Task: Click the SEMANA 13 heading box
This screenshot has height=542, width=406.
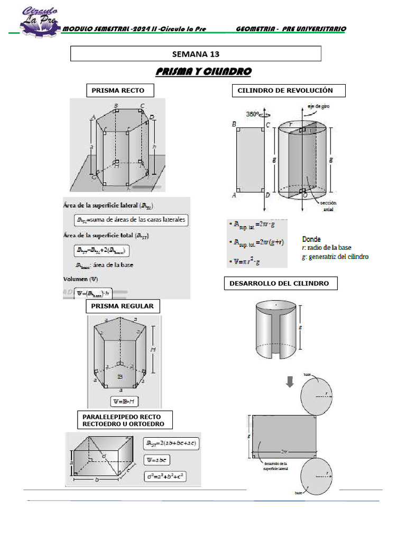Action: coord(196,54)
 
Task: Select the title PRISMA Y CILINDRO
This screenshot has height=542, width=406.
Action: coord(204,71)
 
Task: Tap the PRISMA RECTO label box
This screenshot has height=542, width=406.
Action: coord(114,91)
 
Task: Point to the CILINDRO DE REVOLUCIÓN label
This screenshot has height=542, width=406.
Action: coord(289,91)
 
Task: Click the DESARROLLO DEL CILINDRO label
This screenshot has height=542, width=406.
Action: coord(279,283)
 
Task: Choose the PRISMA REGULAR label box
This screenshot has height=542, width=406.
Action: coord(123,306)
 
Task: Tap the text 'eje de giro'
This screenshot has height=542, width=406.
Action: coord(319,106)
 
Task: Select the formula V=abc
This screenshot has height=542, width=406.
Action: coord(157,459)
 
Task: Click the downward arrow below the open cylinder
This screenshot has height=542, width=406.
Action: coord(290,381)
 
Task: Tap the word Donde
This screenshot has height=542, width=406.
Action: coord(312,239)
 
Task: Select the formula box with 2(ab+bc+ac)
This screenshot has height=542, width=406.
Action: coord(171,443)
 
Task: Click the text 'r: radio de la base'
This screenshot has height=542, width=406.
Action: coord(327,248)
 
